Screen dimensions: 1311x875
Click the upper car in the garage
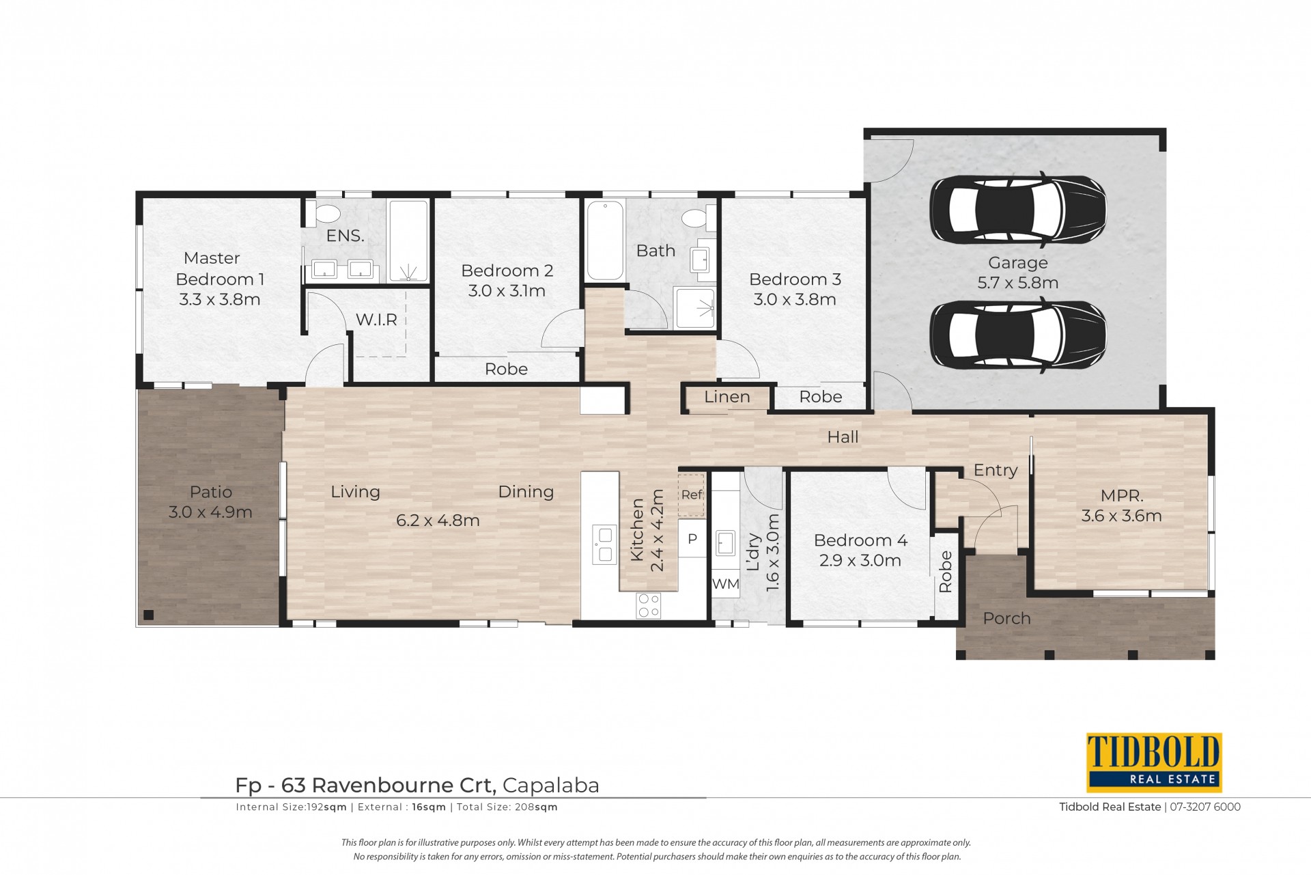tap(1018, 209)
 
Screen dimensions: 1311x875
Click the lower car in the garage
tap(1018, 335)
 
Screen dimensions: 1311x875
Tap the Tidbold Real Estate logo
tap(1154, 762)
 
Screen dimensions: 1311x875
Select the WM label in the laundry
tap(725, 584)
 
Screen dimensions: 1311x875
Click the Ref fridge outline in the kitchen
tap(692, 495)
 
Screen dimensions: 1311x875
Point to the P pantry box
tap(692, 539)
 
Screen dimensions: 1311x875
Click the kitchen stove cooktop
tap(648, 605)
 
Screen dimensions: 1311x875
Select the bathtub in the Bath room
tap(605, 240)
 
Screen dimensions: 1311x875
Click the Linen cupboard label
tap(727, 397)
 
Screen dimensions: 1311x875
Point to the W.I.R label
tap(376, 320)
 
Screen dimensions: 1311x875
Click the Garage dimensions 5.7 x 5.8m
tap(1018, 283)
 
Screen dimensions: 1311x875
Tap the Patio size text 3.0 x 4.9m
tap(210, 512)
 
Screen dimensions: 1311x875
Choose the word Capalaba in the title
tap(551, 786)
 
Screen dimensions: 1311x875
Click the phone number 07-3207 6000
tap(1205, 807)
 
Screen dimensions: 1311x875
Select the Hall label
tap(843, 437)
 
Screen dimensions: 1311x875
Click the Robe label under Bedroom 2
tap(506, 370)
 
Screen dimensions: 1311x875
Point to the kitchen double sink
tap(604, 544)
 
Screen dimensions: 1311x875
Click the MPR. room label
tap(1122, 496)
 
